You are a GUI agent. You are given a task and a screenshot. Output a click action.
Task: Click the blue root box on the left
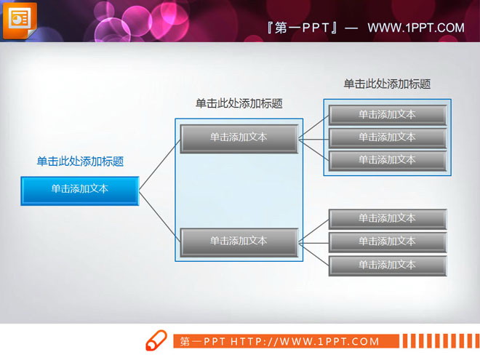coord(80,190)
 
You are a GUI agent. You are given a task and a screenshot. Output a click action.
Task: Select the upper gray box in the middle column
coord(239,138)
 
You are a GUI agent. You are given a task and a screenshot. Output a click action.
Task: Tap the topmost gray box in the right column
coord(387,115)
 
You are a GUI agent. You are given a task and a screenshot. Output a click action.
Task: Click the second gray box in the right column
coord(387,137)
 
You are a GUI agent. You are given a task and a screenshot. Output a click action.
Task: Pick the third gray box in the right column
coord(387,160)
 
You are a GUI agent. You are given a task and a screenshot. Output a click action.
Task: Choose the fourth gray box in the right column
coord(387,219)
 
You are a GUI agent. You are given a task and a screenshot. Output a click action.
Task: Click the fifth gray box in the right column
coord(387,241)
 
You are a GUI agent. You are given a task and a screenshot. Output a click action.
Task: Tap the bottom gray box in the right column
coord(387,265)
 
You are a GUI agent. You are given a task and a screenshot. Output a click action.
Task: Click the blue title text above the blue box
coord(80,161)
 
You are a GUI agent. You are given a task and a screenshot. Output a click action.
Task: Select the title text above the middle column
coord(239,104)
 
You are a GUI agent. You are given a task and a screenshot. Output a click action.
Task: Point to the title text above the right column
coord(387,84)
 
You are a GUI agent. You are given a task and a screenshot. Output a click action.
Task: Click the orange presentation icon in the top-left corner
coord(19,19)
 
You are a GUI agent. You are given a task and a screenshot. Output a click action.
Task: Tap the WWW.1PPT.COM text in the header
coord(415,28)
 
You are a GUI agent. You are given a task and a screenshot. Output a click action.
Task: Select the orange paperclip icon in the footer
coord(156,340)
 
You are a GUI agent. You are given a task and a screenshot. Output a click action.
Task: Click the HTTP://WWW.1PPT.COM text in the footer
coord(305,341)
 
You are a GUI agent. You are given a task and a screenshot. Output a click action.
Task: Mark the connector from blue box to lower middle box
coord(159,216)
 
